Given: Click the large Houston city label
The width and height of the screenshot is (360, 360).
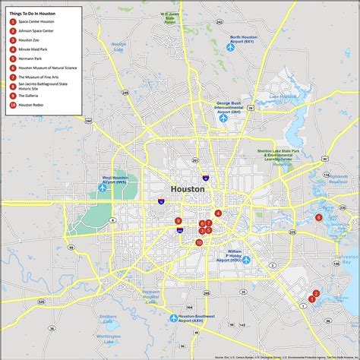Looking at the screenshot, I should [x=188, y=188].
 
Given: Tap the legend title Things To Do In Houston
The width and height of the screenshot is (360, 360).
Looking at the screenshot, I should [x=35, y=13].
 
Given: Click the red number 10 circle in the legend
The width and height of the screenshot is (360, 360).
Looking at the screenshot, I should [x=13, y=104].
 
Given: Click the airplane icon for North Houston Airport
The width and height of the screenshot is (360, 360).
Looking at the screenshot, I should [x=230, y=47].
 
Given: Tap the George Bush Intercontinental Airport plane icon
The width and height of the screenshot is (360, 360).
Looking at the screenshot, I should [x=223, y=118].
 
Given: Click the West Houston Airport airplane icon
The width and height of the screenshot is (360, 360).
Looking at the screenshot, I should [x=103, y=188].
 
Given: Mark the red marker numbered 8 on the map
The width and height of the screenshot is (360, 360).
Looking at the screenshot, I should [x=319, y=217].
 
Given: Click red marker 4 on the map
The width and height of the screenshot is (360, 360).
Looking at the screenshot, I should [x=217, y=213].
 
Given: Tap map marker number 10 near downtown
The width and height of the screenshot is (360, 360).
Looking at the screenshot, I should [x=199, y=243].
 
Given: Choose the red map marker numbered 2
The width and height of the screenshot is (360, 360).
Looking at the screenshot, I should [x=316, y=294].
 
